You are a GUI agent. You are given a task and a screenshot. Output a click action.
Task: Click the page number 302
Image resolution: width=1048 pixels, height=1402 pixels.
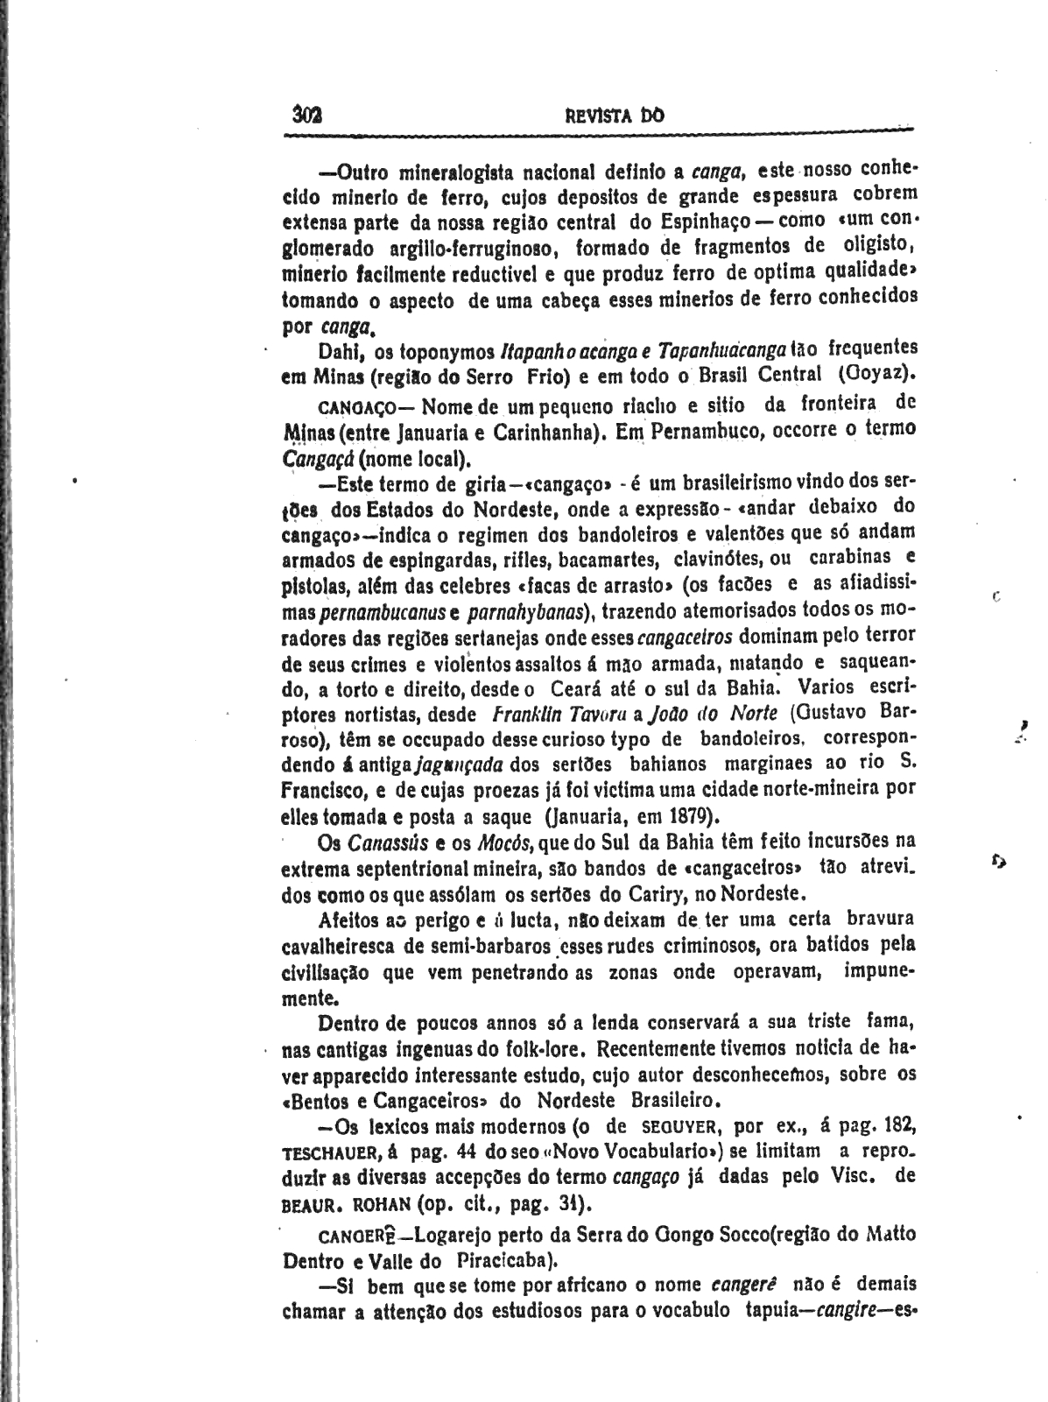[308, 115]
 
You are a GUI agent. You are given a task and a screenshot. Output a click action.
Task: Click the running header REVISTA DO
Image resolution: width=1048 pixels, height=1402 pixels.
[615, 115]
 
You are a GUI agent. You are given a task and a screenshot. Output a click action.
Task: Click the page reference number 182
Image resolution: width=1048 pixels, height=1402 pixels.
[898, 1124]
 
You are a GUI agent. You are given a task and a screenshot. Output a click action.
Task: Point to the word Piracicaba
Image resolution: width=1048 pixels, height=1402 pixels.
[502, 1262]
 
